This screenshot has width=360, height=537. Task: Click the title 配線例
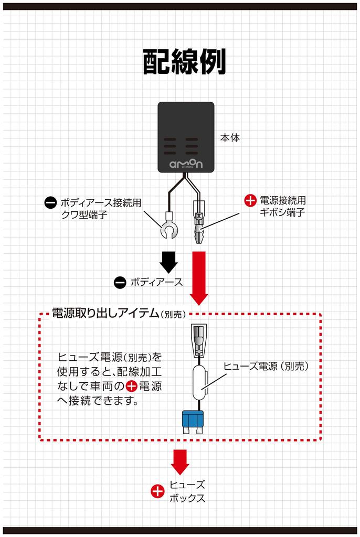[184, 62]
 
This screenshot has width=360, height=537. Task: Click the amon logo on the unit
[186, 164]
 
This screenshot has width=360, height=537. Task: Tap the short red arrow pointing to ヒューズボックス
[180, 461]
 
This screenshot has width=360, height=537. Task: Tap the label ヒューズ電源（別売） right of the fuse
[266, 367]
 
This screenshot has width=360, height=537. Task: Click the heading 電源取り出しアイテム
[105, 313]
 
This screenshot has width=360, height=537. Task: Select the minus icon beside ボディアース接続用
[50, 202]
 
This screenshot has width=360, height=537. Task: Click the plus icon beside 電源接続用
[250, 200]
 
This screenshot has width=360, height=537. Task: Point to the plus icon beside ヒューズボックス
[157, 491]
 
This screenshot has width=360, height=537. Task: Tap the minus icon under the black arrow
[120, 282]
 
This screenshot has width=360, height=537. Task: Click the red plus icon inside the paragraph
[131, 387]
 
